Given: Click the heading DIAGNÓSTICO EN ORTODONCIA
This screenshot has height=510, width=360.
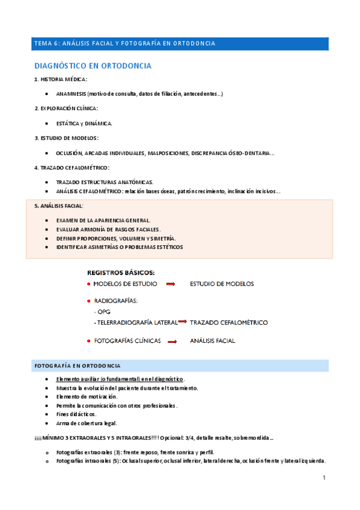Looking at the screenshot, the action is tap(92, 66).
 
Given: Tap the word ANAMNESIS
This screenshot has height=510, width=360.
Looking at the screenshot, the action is tap(71, 94).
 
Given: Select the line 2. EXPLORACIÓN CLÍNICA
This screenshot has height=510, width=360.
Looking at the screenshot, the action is tap(66, 108).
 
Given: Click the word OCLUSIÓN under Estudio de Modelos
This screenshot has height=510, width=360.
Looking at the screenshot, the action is tap(69, 153).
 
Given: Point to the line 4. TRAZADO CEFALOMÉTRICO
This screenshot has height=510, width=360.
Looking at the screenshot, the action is tap(72, 167).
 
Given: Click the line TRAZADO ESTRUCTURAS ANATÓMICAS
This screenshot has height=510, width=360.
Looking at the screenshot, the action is tap(104, 182).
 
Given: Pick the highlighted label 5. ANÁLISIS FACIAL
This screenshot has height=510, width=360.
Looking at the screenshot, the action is tap(59, 206).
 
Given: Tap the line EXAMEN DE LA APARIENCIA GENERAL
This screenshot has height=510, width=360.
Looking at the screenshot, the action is tap(103, 220).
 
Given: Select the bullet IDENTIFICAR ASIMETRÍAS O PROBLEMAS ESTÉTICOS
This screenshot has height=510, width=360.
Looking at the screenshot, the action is tap(119, 247).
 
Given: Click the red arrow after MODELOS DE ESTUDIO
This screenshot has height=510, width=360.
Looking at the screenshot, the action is tap(170, 284).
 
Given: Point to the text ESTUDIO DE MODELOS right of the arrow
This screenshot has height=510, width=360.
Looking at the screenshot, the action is tap(221, 284).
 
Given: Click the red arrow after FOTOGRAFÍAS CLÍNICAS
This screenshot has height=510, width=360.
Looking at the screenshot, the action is tap(171, 341).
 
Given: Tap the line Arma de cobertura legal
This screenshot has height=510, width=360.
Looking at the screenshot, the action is tap(86, 423).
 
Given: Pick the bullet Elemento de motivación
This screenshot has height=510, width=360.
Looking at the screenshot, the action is tap(87, 397).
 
